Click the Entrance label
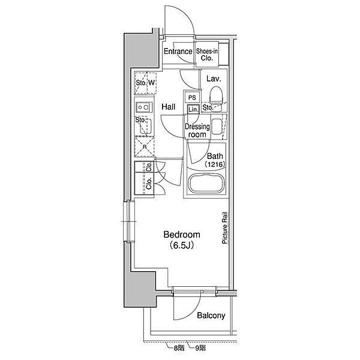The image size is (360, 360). click(178, 51)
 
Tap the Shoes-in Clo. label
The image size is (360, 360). click(207, 55)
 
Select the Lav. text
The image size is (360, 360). click(214, 79)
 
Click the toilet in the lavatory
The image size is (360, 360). click(217, 96)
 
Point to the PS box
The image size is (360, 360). click(192, 97)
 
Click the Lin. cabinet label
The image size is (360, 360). click(193, 110)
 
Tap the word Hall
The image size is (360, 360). click(168, 107)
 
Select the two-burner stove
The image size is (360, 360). click(144, 107)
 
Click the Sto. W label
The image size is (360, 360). click(145, 83)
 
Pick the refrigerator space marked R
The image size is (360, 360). click(145, 146)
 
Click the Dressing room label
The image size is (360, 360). click(197, 130)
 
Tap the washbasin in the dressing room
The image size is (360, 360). click(217, 127)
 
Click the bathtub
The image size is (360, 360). click(206, 184)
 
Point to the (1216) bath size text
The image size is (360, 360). click(215, 164)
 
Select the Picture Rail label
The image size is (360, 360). click(224, 228)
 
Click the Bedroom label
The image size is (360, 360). click(182, 235)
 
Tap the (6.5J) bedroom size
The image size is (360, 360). click(182, 245)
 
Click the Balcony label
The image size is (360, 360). click(211, 316)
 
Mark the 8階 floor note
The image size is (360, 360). click(179, 348)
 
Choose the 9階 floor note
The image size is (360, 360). click(200, 348)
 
